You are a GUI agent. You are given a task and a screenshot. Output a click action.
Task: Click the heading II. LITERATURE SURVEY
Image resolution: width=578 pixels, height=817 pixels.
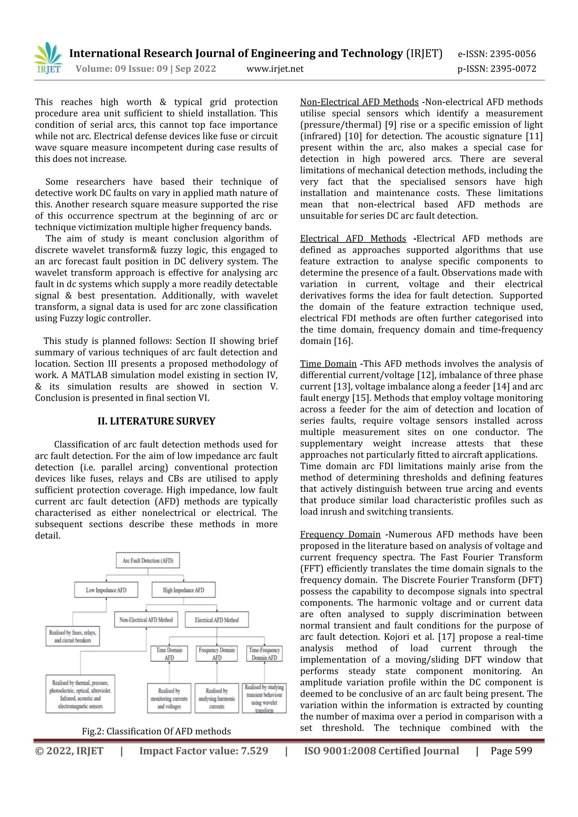click(156, 421)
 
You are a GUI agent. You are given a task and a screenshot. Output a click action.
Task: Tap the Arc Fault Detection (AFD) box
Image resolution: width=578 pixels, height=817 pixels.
click(148, 561)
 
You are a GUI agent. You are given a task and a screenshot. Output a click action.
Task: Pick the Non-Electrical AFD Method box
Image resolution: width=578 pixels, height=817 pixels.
click(146, 620)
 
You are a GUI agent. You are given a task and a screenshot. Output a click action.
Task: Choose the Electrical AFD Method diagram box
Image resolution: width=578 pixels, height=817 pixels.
click(216, 620)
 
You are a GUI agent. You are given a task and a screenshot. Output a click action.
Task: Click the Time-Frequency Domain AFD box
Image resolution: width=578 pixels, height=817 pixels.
click(264, 654)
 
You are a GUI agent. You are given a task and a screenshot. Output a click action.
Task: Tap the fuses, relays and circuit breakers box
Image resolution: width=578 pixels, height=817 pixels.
click(73, 636)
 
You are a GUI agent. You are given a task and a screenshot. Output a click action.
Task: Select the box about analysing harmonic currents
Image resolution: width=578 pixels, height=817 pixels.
click(217, 698)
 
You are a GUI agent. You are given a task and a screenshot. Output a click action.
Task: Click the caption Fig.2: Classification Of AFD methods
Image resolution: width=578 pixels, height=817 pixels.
click(156, 731)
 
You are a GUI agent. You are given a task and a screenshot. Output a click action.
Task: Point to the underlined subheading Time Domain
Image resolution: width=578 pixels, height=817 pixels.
click(328, 364)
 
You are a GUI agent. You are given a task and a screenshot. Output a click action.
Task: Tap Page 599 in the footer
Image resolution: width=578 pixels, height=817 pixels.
click(511, 751)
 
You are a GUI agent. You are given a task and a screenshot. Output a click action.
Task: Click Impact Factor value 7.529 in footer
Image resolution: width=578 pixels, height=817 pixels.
click(203, 751)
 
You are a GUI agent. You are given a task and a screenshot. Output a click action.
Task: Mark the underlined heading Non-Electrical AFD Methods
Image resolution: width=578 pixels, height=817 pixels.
click(359, 102)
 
